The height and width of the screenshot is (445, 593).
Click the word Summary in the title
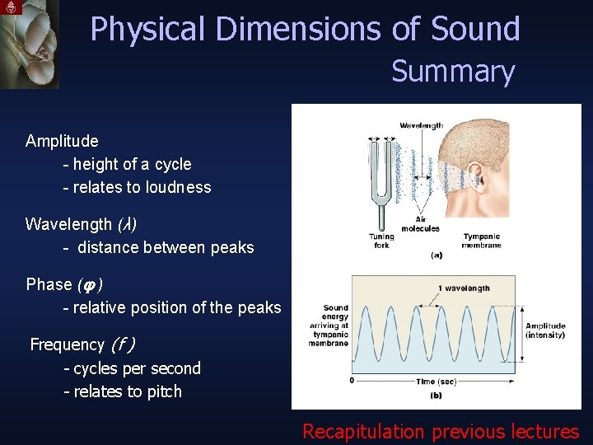click(452, 72)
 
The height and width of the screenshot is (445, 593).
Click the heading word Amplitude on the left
click(62, 141)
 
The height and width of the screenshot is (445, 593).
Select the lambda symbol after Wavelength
click(127, 224)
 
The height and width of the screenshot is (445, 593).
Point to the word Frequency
click(67, 344)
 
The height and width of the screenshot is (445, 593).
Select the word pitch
click(164, 391)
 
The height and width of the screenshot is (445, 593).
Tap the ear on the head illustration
click(474, 175)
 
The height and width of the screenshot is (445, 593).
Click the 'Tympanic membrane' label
click(481, 241)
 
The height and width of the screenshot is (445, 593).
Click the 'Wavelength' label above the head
click(421, 125)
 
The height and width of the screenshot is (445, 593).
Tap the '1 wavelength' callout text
click(463, 288)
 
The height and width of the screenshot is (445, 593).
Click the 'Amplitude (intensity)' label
click(545, 330)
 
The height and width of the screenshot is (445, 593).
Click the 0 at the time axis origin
click(352, 381)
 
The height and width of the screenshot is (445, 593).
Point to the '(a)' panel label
click(436, 255)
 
